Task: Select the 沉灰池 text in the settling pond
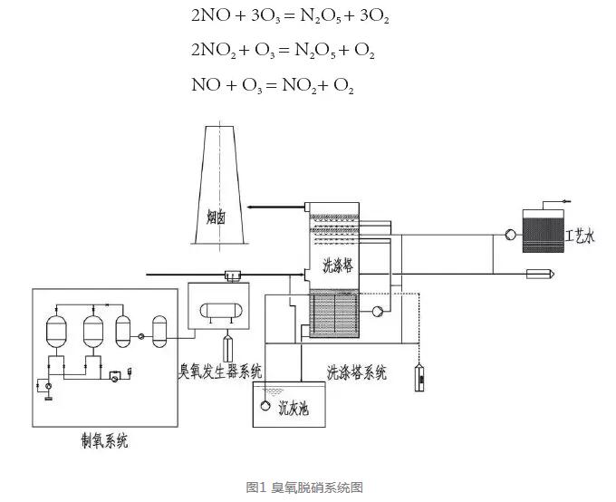[x=293, y=408]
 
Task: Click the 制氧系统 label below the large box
[x=103, y=441]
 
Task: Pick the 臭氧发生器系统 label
[x=220, y=370]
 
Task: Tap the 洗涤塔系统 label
[x=356, y=372]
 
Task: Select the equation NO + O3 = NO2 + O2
[x=273, y=86]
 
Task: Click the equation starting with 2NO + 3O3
[x=290, y=16]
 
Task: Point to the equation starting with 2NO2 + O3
[x=284, y=51]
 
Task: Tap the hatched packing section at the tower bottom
[x=336, y=315]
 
